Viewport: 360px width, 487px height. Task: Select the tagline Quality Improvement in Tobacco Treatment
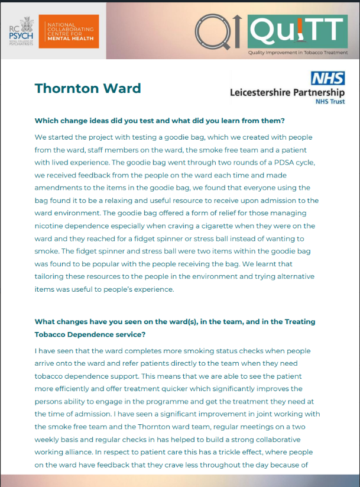click(x=298, y=53)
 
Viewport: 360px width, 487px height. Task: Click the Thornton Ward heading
click(x=87, y=89)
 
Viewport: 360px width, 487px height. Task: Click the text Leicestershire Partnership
click(x=287, y=93)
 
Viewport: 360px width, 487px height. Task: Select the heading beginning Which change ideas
click(x=160, y=121)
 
